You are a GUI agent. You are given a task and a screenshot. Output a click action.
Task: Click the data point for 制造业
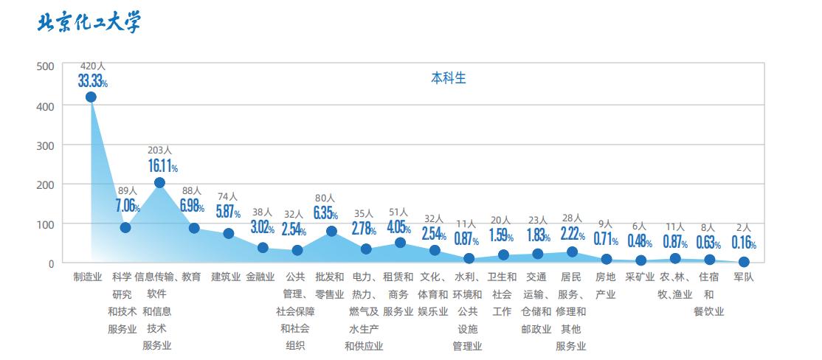pos(91,97)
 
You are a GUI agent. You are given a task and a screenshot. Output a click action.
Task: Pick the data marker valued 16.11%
pos(159,182)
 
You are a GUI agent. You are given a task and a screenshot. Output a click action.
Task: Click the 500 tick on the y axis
pos(46,66)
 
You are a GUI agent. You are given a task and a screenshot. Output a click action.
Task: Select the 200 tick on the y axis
pos(46,184)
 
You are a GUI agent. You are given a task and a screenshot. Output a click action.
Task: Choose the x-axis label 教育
pos(191,277)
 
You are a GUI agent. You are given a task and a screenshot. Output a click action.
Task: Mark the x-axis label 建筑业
pos(226,277)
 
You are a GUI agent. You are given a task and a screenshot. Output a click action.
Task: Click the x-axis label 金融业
pos(260,277)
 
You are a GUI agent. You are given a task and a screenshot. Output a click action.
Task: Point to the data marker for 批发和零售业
pos(331,231)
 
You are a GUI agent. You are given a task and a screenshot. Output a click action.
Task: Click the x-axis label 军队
pos(744,277)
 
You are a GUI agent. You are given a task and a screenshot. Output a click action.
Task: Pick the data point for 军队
pos(744,262)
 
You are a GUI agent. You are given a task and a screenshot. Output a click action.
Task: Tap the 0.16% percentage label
pos(743,243)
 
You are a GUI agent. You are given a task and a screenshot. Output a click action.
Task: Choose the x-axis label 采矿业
pos(640,277)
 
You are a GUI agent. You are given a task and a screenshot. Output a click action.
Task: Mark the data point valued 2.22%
pos(572,252)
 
